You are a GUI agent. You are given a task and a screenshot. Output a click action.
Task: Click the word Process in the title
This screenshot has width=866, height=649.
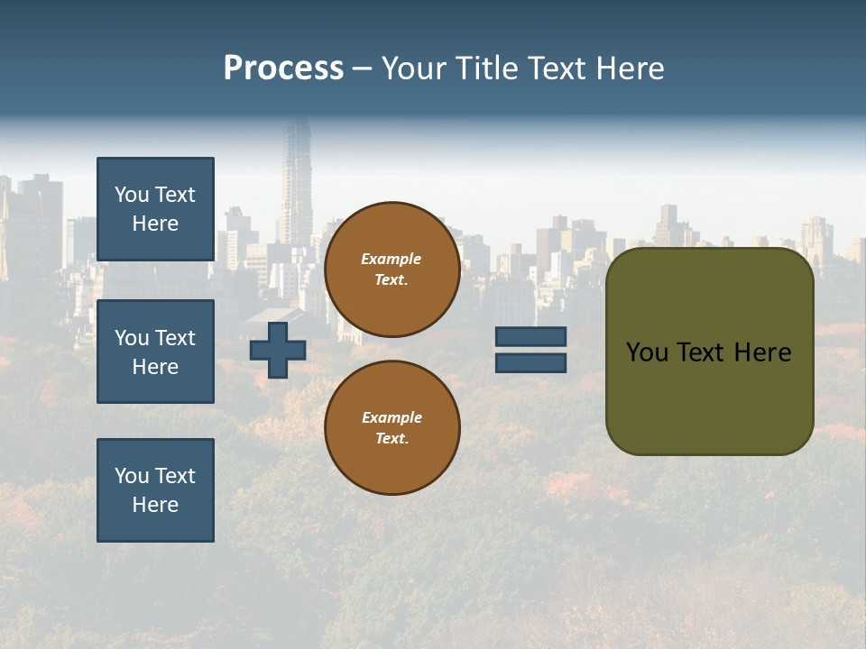[x=283, y=69]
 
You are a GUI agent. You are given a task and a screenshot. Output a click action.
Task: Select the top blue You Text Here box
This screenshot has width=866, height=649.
[x=155, y=209]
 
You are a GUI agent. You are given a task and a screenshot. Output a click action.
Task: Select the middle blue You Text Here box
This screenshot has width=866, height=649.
[x=155, y=352]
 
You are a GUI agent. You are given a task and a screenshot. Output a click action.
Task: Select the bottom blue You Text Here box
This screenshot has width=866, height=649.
[x=155, y=489]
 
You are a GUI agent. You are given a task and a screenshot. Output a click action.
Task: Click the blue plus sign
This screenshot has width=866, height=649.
[x=278, y=350]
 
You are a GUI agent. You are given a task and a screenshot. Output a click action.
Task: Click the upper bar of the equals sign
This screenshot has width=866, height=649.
[x=530, y=336]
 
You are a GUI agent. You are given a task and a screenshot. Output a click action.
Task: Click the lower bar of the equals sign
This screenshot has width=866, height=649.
[x=530, y=362]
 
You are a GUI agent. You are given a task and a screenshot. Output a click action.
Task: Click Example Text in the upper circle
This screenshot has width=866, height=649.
[x=392, y=269]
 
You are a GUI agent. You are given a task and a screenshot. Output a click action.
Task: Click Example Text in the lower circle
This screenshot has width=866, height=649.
[x=392, y=427]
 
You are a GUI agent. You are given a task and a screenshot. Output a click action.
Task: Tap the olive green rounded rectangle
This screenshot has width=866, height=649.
[x=709, y=397]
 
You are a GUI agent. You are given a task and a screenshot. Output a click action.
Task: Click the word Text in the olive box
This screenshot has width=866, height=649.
[x=702, y=352]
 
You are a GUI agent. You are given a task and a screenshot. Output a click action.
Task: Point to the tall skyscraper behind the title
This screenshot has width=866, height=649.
[x=296, y=180]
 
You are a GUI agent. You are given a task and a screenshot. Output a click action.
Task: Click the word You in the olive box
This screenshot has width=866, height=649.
[x=647, y=352]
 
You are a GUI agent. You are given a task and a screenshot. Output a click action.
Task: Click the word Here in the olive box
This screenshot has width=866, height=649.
[x=762, y=352]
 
